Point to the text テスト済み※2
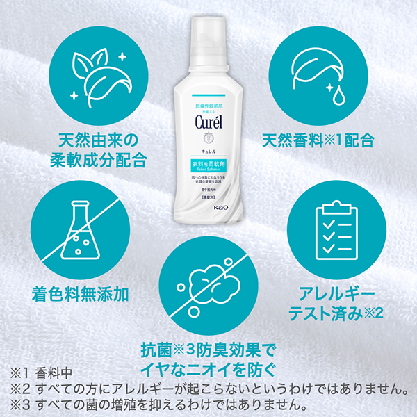pyautogui.click(x=336, y=312)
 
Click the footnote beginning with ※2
pyautogui.click(x=208, y=388)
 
